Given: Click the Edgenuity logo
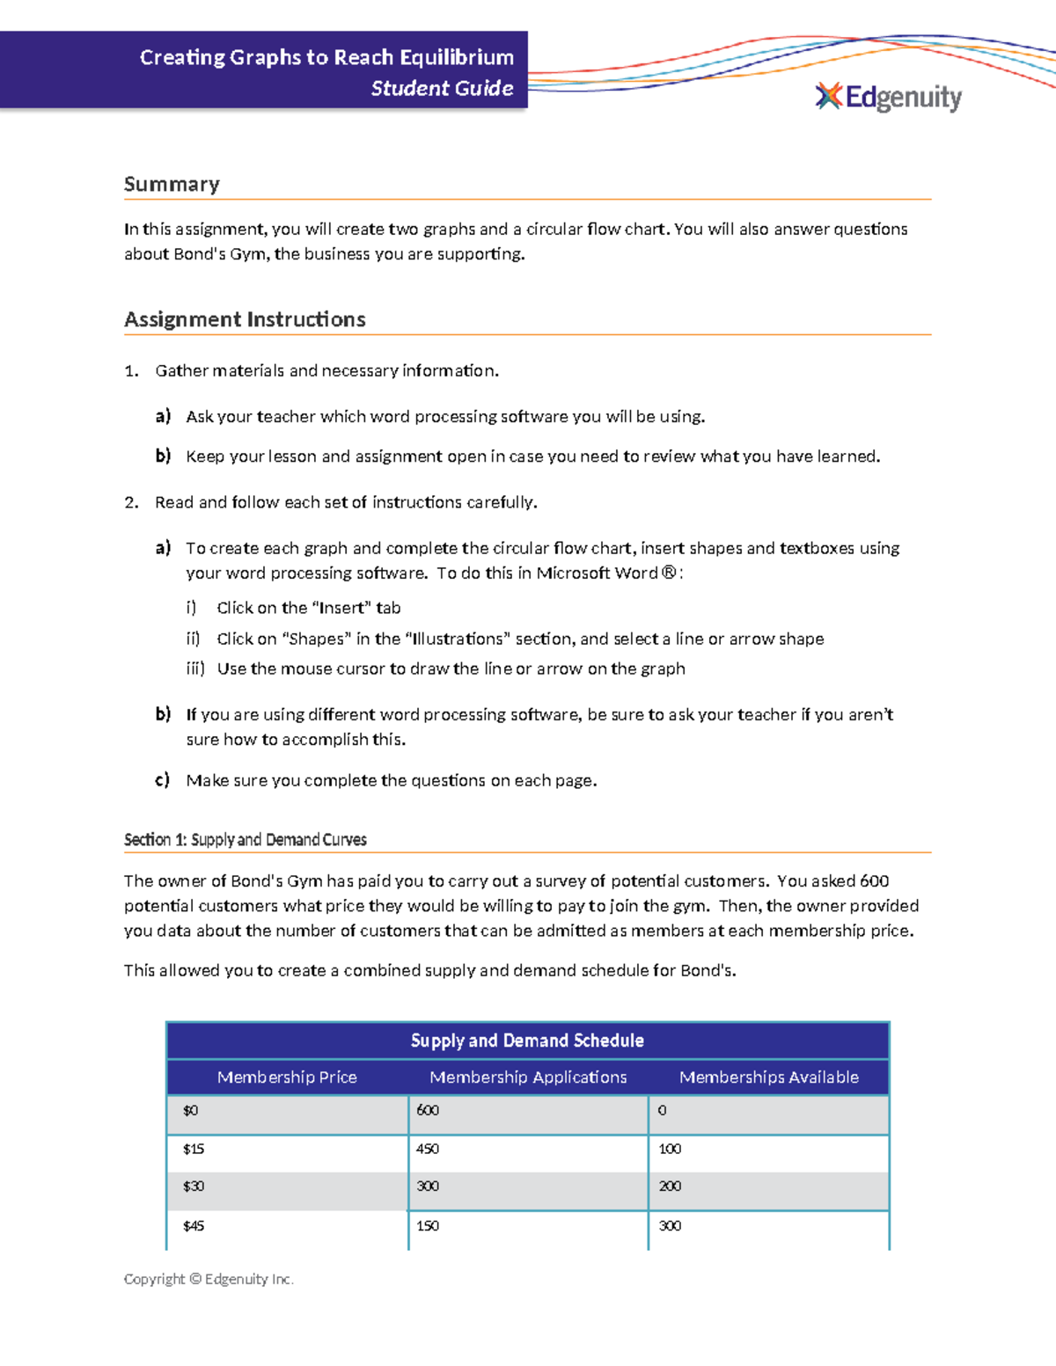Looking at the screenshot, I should point(889,97).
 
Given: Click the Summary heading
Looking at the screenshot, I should point(172,185).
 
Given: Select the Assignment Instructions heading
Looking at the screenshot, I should point(245,319).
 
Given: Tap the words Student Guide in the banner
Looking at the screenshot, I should point(442,89).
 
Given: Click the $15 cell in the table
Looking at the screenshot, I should point(194,1149).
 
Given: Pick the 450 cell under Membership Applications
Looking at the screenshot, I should point(428,1149).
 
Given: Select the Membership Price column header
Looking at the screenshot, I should point(287,1077).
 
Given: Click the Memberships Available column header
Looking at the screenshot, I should point(768,1077).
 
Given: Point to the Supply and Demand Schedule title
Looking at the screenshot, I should point(527,1041).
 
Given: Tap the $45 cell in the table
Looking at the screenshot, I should point(194,1225).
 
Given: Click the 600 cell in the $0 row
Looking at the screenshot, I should point(428,1110).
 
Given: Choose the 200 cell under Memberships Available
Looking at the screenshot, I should point(670,1187).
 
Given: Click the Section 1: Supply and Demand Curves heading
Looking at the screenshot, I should point(245,840).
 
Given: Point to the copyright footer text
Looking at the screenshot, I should point(209,1279).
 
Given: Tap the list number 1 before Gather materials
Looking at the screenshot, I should point(131,371).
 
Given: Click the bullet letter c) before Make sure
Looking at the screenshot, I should point(162,780).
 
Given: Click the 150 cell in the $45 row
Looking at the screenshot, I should point(428,1225).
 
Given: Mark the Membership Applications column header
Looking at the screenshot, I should point(528,1077).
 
